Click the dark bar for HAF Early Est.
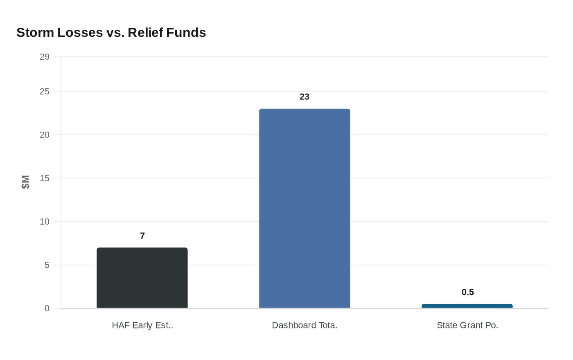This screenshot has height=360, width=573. (142, 278)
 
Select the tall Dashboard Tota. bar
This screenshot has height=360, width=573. (305, 208)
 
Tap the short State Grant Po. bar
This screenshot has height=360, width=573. (467, 306)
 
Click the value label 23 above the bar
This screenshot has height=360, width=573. (305, 97)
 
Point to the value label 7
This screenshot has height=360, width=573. (142, 236)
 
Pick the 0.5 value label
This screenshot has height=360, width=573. (467, 292)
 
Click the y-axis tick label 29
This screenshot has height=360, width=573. (45, 57)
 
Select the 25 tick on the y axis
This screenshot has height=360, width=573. (45, 92)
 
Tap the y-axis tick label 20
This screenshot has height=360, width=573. (45, 135)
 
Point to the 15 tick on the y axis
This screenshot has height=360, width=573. (45, 178)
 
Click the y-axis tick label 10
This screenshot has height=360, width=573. (45, 222)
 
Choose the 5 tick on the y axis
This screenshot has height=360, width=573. (47, 265)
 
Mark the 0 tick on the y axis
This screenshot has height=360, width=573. (47, 308)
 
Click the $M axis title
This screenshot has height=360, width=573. (26, 182)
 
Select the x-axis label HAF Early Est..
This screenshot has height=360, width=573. (142, 325)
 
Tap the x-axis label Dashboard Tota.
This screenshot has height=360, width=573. (305, 325)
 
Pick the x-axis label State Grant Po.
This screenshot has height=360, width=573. (467, 325)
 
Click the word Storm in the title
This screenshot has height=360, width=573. (35, 32)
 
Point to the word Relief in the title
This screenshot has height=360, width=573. (145, 32)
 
